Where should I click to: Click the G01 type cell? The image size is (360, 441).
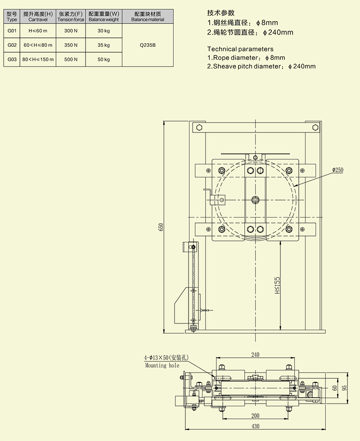coord(12,31)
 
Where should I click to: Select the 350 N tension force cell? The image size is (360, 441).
coord(71,45)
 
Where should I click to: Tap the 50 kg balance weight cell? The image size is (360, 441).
coord(103,59)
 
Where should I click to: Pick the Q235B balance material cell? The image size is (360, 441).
coord(148,45)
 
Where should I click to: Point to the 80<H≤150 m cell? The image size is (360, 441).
coord(38,59)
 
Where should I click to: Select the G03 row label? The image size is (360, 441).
coord(12,59)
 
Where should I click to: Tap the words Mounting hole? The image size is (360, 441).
coord(162,365)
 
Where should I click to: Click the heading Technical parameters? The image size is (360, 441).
coord(240,49)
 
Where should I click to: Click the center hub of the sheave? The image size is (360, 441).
coord(256,200)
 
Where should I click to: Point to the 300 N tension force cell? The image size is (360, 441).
coord(71,31)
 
